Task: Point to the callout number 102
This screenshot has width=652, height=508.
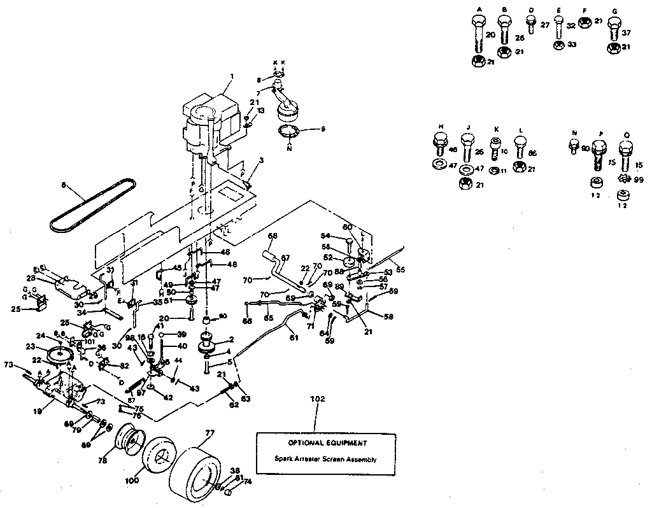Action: pyautogui.click(x=318, y=400)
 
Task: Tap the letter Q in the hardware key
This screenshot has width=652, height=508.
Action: pyautogui.click(x=626, y=134)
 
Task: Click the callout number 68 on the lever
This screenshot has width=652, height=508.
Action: pyautogui.click(x=273, y=236)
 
